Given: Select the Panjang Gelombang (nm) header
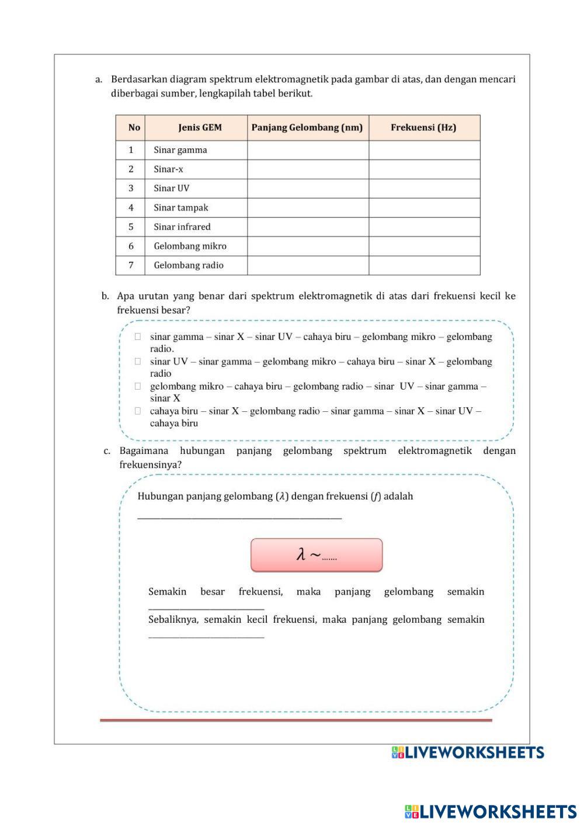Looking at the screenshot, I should [307, 127].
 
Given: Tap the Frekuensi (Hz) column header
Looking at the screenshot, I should [423, 127].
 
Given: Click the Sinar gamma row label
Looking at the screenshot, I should [180, 150].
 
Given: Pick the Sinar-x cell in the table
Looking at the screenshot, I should [168, 169].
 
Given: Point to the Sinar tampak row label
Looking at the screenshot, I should [180, 208].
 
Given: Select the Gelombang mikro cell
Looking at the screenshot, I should [190, 247].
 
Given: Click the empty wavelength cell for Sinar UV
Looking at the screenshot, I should [308, 189].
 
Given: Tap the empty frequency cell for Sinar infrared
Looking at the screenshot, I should [424, 227].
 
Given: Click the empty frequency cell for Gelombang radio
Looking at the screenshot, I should [424, 266].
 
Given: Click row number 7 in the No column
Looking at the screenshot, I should [131, 266].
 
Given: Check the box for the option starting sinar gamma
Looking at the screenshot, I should [138, 336].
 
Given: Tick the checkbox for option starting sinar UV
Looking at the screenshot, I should [138, 362].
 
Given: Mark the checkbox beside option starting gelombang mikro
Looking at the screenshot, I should [138, 386].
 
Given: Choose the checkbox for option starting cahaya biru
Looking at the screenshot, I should [138, 411].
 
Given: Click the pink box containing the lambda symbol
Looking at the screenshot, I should [317, 555].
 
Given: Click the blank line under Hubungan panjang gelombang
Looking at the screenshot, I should [239, 516].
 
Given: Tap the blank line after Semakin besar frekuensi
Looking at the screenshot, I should [206, 608].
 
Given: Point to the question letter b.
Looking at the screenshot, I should [105, 296].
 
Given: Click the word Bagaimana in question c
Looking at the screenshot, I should [144, 451].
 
